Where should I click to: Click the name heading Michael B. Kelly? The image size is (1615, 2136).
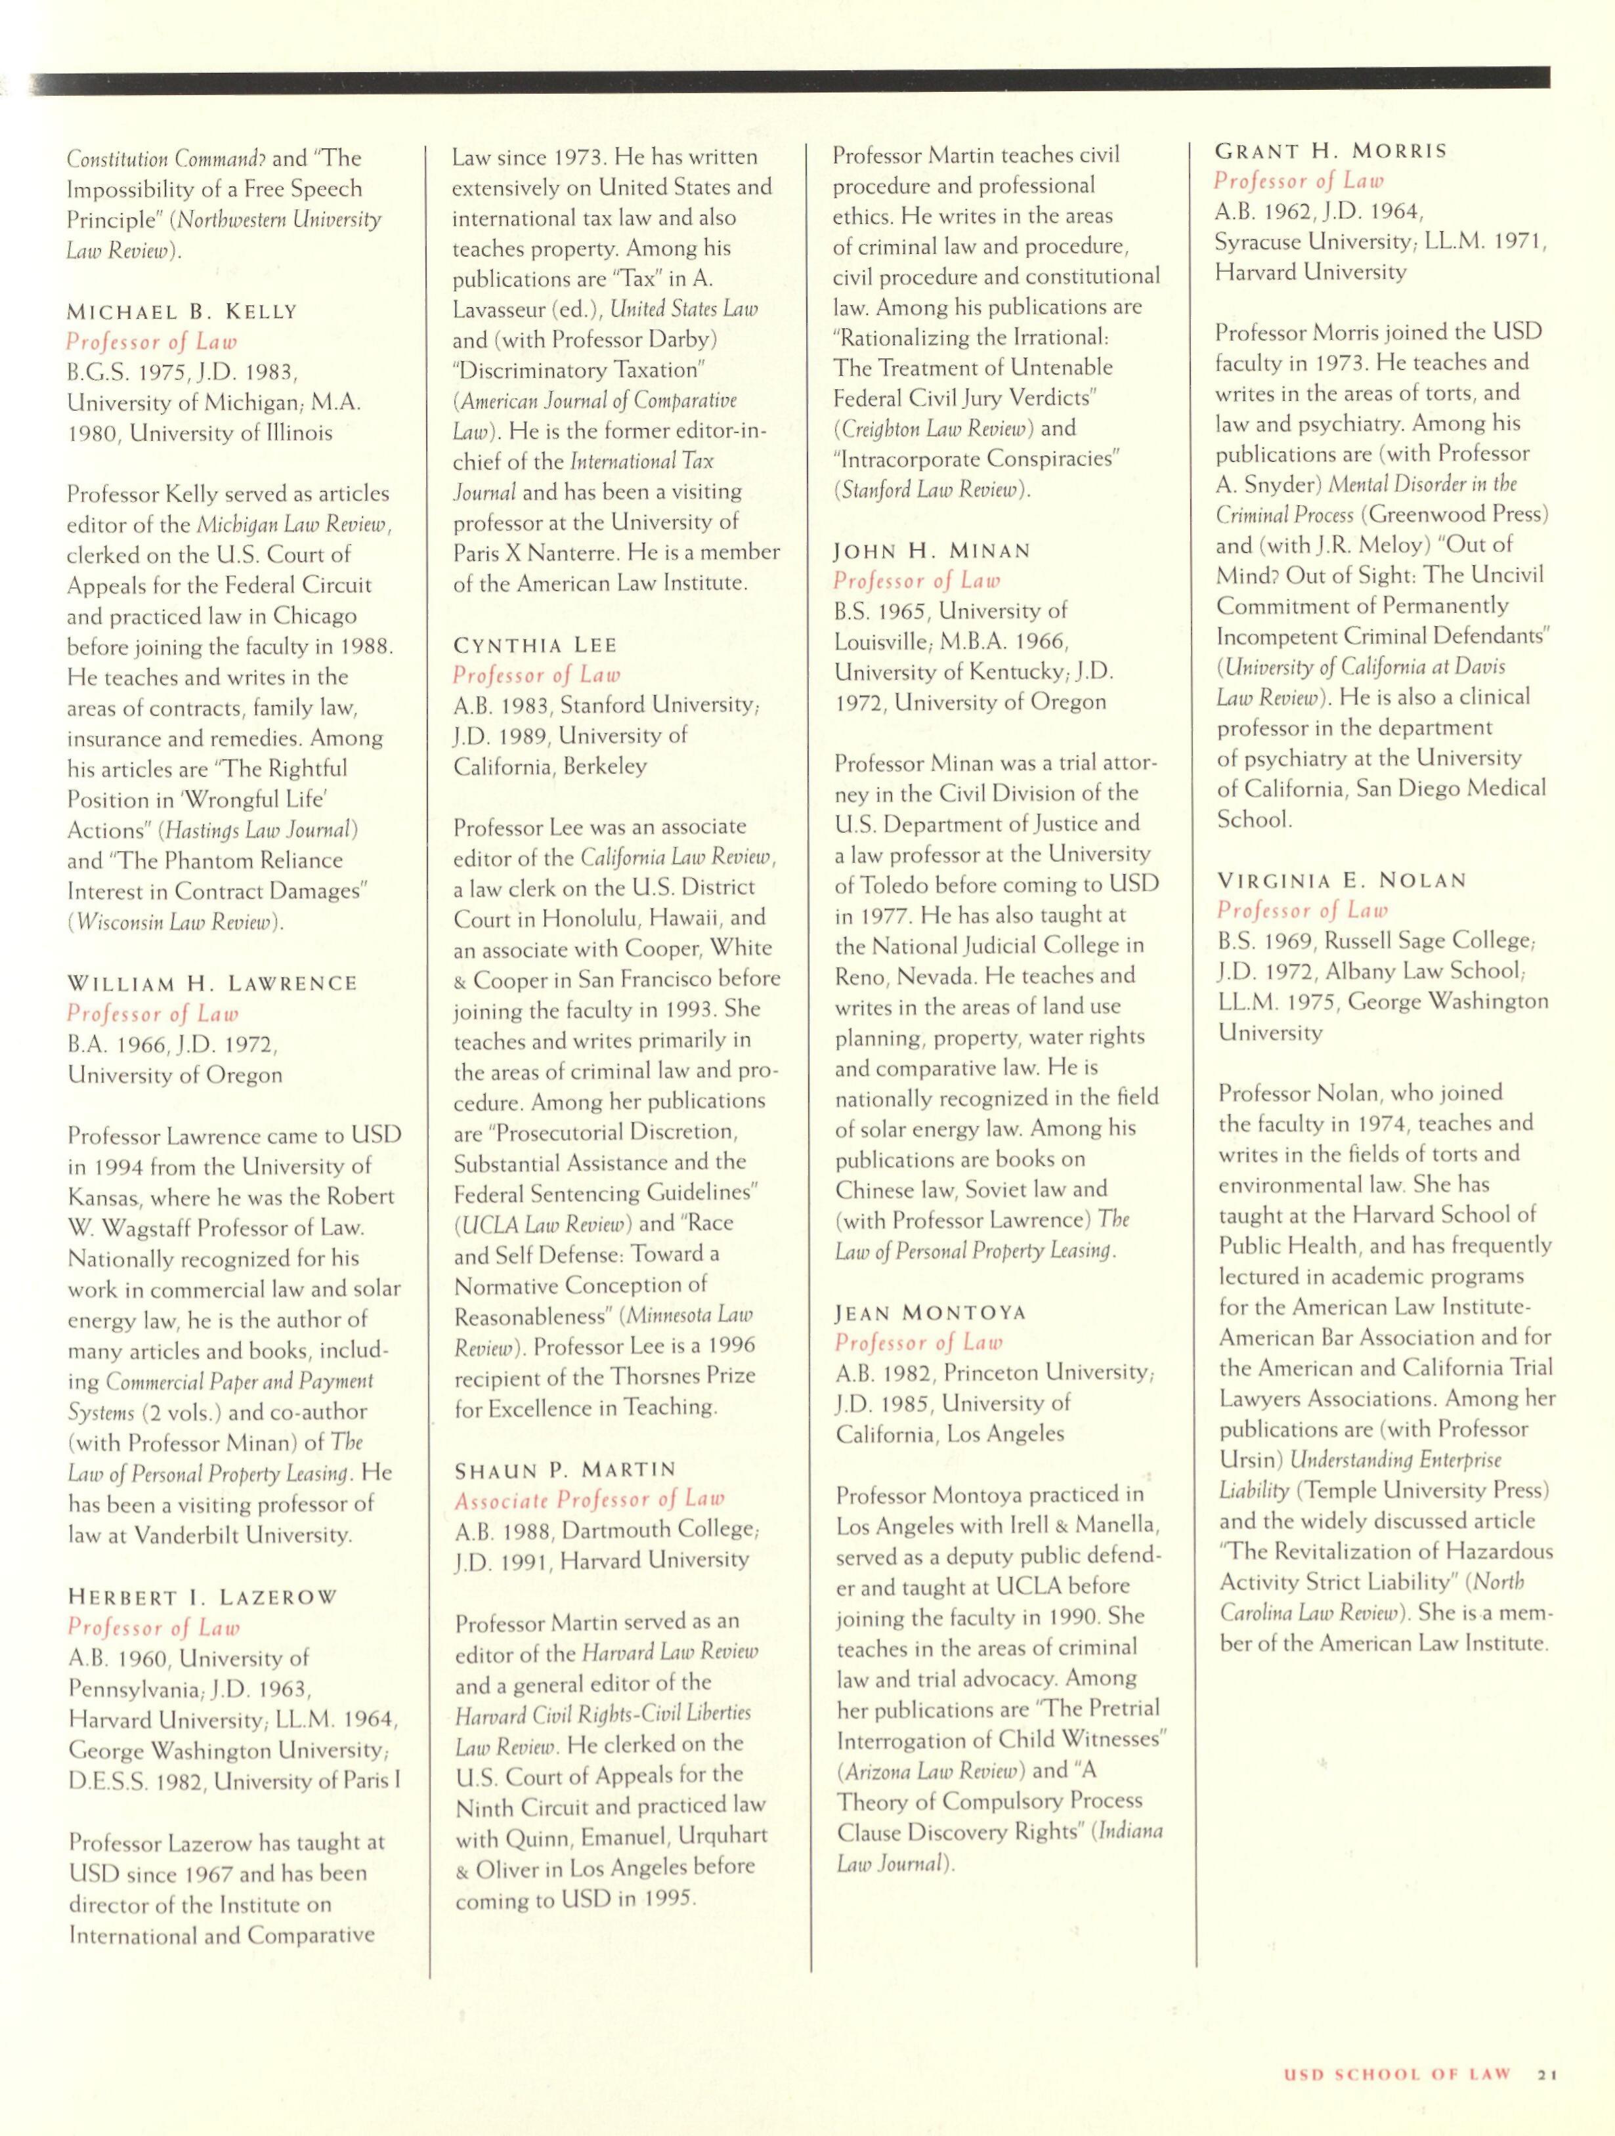[183, 312]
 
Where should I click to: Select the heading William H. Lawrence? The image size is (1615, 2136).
[211, 983]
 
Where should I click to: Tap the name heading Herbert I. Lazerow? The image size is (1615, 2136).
[202, 1597]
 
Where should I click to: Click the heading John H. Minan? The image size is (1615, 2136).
[932, 551]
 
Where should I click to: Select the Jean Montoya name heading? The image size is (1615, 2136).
[930, 1312]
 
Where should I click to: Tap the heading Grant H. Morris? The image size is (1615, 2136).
[1330, 151]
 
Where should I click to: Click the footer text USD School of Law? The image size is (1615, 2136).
[1395, 2073]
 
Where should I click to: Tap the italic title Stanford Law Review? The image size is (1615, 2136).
[930, 490]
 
